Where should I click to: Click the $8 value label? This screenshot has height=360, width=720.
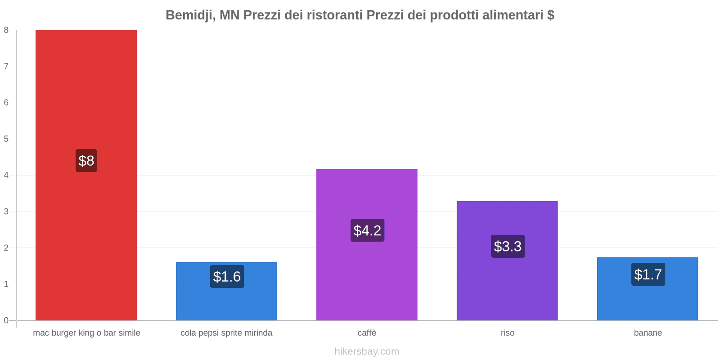coord(86,161)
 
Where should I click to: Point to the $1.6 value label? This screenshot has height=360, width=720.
coord(227,276)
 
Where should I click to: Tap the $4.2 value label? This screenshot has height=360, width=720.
coord(367,230)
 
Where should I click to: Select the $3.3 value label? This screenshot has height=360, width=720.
coord(508,246)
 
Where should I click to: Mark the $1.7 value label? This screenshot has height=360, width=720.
coord(648,274)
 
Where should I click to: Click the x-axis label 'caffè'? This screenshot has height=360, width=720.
coord(367,333)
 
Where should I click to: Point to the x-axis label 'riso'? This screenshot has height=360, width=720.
coord(507,333)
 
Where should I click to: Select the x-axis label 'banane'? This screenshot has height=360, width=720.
coord(648,333)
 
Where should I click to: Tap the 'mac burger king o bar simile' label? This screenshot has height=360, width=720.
coord(86,333)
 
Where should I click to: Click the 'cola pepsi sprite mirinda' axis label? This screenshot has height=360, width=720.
coord(226,333)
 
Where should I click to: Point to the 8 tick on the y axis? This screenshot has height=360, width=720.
coord(6,30)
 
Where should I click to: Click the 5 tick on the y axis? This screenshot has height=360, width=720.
coord(6,139)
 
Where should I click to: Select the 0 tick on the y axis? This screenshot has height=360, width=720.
coord(6,320)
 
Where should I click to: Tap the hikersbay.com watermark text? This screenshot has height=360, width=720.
coord(367,351)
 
